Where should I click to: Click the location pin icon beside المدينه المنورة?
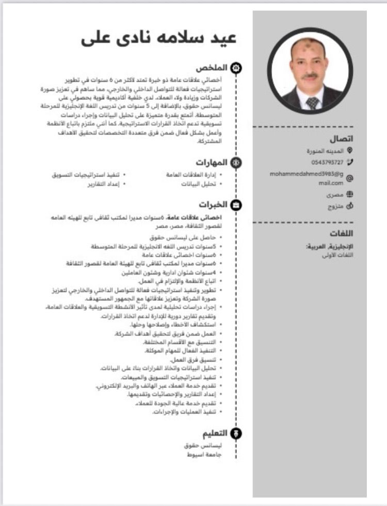coord(350,150)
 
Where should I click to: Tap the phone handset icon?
coord(350,162)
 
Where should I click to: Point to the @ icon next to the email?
coord(350,178)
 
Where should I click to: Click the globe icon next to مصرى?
coord(350,194)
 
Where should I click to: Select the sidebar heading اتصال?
coord(342,139)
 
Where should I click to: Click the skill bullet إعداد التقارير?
coord(103,183)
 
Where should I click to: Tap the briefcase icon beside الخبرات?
coord(235,205)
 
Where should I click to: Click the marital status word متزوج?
coord(336,206)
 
